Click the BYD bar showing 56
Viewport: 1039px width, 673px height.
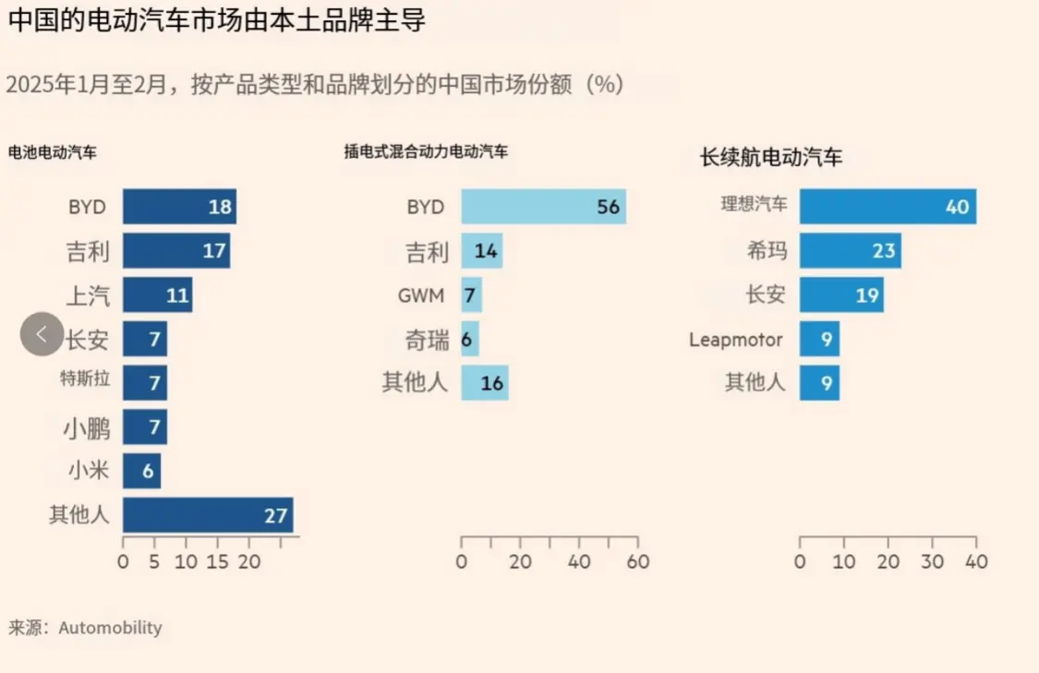click(543, 207)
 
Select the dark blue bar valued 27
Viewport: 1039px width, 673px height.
click(208, 515)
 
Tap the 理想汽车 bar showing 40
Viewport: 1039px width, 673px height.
click(888, 207)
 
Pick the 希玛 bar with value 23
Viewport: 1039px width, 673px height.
click(850, 250)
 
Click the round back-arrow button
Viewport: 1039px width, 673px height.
click(42, 334)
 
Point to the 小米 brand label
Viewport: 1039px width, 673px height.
click(88, 472)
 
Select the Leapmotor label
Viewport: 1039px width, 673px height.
click(735, 340)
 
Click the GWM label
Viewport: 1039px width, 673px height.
click(421, 296)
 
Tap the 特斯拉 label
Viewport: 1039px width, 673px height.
click(85, 379)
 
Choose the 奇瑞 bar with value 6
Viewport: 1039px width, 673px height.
click(469, 339)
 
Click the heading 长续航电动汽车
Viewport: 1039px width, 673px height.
click(771, 158)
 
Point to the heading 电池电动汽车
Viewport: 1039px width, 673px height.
click(53, 153)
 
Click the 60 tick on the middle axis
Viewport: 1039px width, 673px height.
click(638, 561)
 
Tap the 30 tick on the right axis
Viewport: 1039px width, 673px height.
click(932, 561)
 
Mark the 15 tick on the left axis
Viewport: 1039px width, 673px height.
click(218, 561)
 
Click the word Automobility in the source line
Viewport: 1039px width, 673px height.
click(110, 628)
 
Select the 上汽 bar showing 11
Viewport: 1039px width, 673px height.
click(157, 294)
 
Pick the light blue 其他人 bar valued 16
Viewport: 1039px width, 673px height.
click(485, 382)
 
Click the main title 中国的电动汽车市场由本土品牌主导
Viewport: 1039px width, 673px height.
click(217, 20)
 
